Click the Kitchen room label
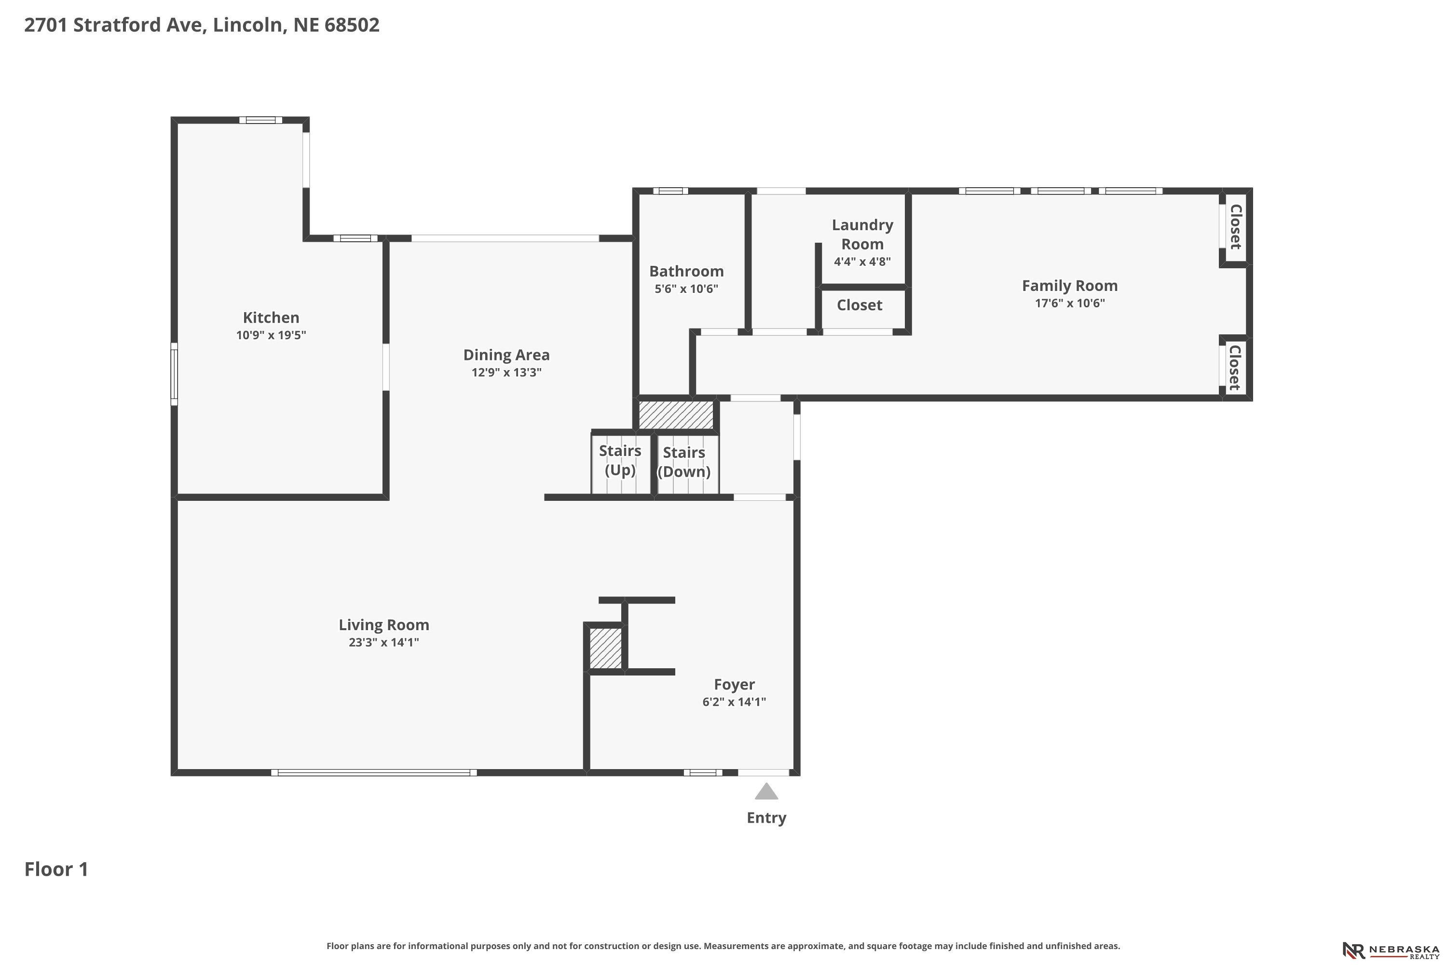click(271, 317)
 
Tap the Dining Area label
click(506, 355)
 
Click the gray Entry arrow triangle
click(766, 791)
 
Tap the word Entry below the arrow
click(766, 818)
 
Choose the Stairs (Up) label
click(620, 460)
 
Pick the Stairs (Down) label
click(684, 462)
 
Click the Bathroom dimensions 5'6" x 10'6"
click(686, 289)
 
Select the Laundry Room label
click(862, 234)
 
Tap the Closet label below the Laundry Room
click(860, 305)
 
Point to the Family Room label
click(1070, 286)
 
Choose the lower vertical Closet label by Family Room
click(1235, 367)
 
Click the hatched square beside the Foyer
click(605, 648)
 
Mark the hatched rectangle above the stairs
click(676, 415)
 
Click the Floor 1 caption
click(56, 869)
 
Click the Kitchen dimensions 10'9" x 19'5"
click(271, 335)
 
